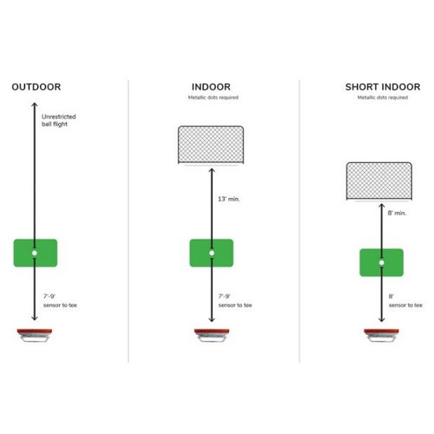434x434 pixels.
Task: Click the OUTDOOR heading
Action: pyautogui.click(x=36, y=87)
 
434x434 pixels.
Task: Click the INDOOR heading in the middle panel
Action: pyautogui.click(x=211, y=87)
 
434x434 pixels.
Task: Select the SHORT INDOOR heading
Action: pyautogui.click(x=383, y=87)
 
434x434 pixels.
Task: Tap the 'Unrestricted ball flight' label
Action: pyautogui.click(x=58, y=121)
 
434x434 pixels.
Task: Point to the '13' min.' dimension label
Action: pyautogui.click(x=229, y=199)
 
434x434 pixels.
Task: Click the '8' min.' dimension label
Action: pyautogui.click(x=397, y=213)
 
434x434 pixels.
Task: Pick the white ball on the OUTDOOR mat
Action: pyautogui.click(x=35, y=253)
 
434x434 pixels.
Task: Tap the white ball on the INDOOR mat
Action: pyautogui.click(x=212, y=253)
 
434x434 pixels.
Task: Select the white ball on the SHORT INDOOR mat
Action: pyautogui.click(x=382, y=263)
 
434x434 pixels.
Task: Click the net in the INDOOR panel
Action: pyautogui.click(x=211, y=145)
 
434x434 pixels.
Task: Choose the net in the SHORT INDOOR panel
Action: pyautogui.click(x=379, y=181)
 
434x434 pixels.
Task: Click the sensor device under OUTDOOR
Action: pyautogui.click(x=35, y=335)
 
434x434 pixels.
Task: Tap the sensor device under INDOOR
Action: pyautogui.click(x=212, y=335)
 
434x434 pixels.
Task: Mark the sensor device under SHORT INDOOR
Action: pyautogui.click(x=381, y=335)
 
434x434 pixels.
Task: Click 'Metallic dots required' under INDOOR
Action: pyautogui.click(x=214, y=97)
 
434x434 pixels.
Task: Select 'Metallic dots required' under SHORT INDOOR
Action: pyautogui.click(x=383, y=97)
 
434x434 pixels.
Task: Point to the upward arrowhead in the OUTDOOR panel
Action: pyautogui.click(x=35, y=105)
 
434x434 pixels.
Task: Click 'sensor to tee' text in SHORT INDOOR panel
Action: pyautogui.click(x=405, y=306)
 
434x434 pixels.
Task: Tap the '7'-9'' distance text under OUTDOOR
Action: pyautogui.click(x=49, y=296)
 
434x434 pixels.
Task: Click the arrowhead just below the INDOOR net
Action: pyautogui.click(x=212, y=171)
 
